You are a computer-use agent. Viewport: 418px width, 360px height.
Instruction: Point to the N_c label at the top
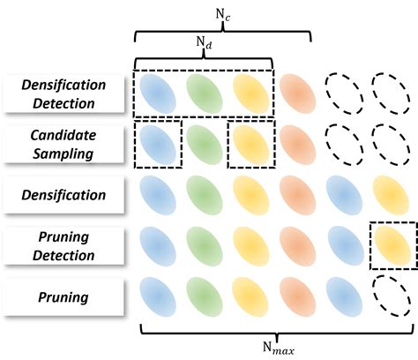coord(221,13)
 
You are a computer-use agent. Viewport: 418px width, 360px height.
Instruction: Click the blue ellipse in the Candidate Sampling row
coord(159,144)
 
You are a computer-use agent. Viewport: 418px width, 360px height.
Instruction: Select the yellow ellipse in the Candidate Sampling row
coord(252,144)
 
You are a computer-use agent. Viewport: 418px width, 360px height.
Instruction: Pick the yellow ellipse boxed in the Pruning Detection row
coord(392,245)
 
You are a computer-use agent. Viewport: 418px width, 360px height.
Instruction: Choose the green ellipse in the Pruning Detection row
coord(205,245)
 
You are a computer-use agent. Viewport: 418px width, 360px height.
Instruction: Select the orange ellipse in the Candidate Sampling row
coord(299,144)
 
